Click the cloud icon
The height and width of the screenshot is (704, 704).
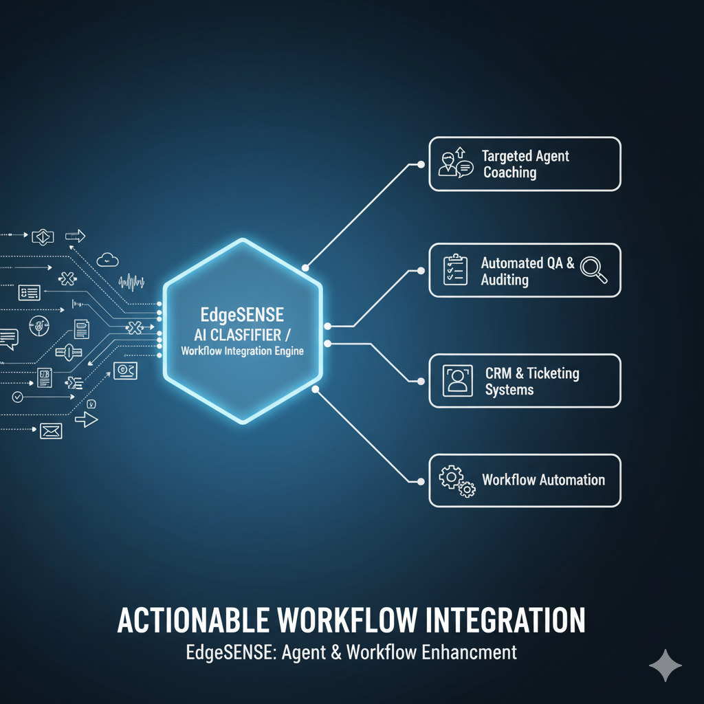tap(109, 259)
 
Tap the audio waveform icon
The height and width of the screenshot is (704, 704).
tap(131, 281)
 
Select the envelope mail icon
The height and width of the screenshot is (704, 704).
tap(51, 431)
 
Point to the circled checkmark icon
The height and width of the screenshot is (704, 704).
tap(18, 397)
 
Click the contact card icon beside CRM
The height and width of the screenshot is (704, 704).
tap(456, 381)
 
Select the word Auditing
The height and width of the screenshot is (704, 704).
tap(505, 280)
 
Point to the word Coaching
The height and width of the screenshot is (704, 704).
tap(509, 173)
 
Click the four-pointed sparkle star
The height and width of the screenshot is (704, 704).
tap(665, 665)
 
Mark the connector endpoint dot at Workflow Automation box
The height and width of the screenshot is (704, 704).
tap(419, 480)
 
